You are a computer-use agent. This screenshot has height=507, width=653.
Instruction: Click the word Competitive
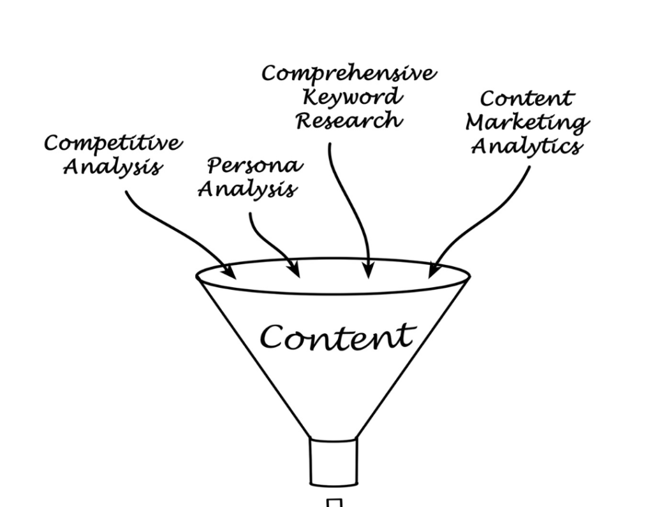point(112,144)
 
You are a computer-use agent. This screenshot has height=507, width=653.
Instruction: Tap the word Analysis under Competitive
point(112,167)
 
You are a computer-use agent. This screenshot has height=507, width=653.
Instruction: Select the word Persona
point(253,166)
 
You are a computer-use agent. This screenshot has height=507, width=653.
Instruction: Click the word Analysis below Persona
point(247,189)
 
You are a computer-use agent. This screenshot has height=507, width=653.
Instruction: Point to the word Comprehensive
point(349,74)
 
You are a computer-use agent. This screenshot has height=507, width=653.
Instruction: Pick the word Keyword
point(352,97)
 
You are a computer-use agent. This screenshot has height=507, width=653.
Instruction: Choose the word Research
point(349,120)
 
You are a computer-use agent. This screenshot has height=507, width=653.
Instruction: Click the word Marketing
point(527,122)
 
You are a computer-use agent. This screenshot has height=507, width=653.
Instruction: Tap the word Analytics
point(526,146)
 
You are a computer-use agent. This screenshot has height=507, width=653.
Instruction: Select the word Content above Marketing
point(527,99)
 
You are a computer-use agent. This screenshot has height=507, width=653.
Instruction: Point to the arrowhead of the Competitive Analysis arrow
point(231,273)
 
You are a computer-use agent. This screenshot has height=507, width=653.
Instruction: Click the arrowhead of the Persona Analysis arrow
point(295,271)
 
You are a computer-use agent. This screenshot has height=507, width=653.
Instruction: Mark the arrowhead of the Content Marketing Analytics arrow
point(433,271)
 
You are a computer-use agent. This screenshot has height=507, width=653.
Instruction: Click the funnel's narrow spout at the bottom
point(333,462)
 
